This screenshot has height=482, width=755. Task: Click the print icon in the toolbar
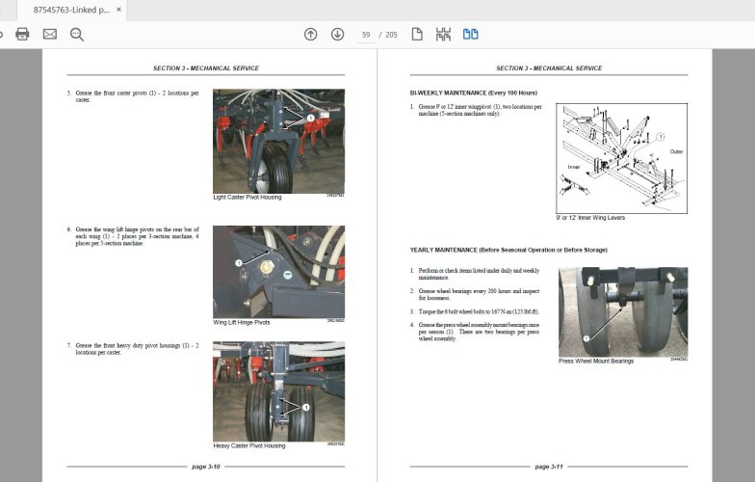coord(22,35)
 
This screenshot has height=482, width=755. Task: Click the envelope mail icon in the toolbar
coord(49,35)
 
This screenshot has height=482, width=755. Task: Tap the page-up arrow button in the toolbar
coord(310,35)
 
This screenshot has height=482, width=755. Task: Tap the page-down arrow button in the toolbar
coord(337,35)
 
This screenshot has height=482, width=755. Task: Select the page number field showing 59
coord(366,35)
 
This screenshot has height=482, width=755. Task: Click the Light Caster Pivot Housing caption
coord(248,197)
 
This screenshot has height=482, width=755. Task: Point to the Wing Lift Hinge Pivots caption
coord(242,322)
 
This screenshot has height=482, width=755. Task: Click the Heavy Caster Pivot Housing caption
coord(249,445)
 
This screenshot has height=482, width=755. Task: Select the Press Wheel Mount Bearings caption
coord(596,361)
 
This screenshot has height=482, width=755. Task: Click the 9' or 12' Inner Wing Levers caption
coord(590,218)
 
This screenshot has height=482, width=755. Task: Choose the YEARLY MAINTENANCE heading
coord(508,250)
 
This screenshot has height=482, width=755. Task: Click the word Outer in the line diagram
coord(676,151)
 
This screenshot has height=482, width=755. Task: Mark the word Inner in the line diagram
coord(574,166)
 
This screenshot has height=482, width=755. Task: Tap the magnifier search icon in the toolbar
coord(77,35)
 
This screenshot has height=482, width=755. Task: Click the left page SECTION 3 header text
coord(205,68)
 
